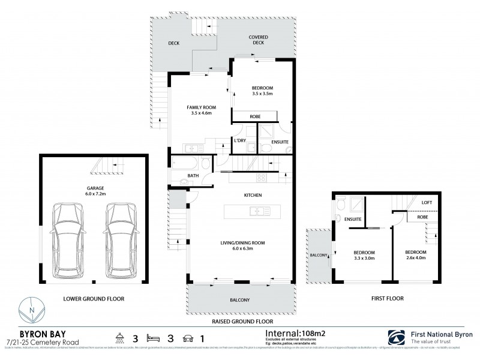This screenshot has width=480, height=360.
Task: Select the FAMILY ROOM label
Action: pyautogui.click(x=201, y=107)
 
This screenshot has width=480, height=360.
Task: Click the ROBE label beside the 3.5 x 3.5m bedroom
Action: pyautogui.click(x=254, y=116)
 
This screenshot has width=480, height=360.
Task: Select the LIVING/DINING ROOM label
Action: pyautogui.click(x=242, y=242)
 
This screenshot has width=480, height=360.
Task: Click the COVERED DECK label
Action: pyautogui.click(x=259, y=40)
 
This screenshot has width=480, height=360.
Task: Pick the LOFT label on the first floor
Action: pyautogui.click(x=427, y=203)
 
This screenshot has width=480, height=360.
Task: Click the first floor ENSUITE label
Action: pyautogui.click(x=353, y=220)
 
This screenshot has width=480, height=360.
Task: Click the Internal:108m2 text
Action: pyautogui.click(x=292, y=332)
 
